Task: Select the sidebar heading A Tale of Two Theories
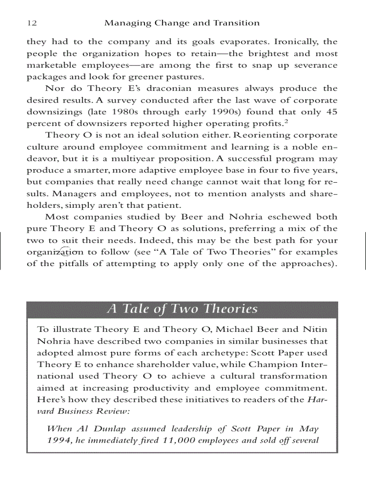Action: click(182, 309)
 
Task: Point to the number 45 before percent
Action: click(331, 112)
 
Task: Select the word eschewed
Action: click(281, 217)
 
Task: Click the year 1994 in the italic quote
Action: click(59, 440)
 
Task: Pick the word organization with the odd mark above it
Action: click(55, 252)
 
